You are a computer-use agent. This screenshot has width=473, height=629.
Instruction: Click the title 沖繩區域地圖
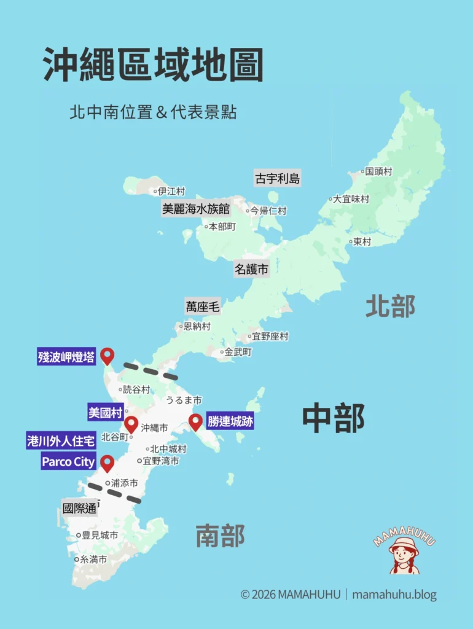[x=154, y=65]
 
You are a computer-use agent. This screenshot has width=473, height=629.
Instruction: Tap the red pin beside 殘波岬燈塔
[x=107, y=355]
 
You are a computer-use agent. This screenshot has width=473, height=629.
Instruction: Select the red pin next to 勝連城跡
[x=195, y=422]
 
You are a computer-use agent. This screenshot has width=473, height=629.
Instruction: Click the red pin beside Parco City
[x=107, y=463]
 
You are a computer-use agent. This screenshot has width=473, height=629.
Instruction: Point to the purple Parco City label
[x=68, y=461]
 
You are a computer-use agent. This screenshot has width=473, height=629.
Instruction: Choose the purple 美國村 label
[x=106, y=412]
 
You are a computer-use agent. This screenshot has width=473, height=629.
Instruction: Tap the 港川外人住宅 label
[x=61, y=441]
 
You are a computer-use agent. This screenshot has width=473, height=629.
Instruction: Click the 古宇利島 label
[x=278, y=179]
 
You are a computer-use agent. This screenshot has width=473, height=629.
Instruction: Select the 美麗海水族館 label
[x=195, y=209]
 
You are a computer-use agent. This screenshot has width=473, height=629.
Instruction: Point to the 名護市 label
[x=251, y=269]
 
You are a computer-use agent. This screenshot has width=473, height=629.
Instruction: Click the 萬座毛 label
[x=203, y=307]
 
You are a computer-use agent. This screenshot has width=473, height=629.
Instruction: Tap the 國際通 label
[x=79, y=508]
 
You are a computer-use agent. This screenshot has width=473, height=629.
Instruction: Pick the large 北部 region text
[x=390, y=306]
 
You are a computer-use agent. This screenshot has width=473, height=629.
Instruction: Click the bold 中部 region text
[x=333, y=418]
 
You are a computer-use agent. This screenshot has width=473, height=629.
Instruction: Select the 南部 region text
[x=220, y=536]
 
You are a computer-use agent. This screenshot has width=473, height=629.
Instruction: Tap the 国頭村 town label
[x=378, y=171]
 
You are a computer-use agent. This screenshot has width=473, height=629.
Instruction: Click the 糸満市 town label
[x=93, y=560]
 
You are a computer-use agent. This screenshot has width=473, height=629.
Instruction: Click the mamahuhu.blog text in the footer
[x=394, y=595]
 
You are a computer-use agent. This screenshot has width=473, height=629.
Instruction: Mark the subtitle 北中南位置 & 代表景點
[x=153, y=113]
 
